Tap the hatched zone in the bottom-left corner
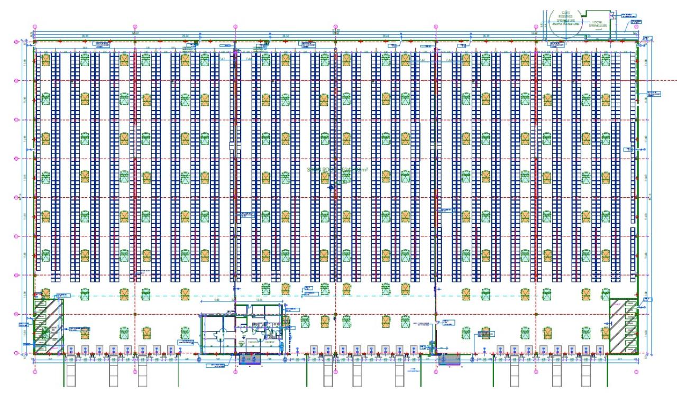(x=48, y=325)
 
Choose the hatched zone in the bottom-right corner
(x=622, y=325)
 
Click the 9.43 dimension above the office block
(x=216, y=299)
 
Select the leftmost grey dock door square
(x=71, y=349)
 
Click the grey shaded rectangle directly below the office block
(x=251, y=359)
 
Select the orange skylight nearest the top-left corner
(x=45, y=60)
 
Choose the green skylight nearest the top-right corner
(x=626, y=60)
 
